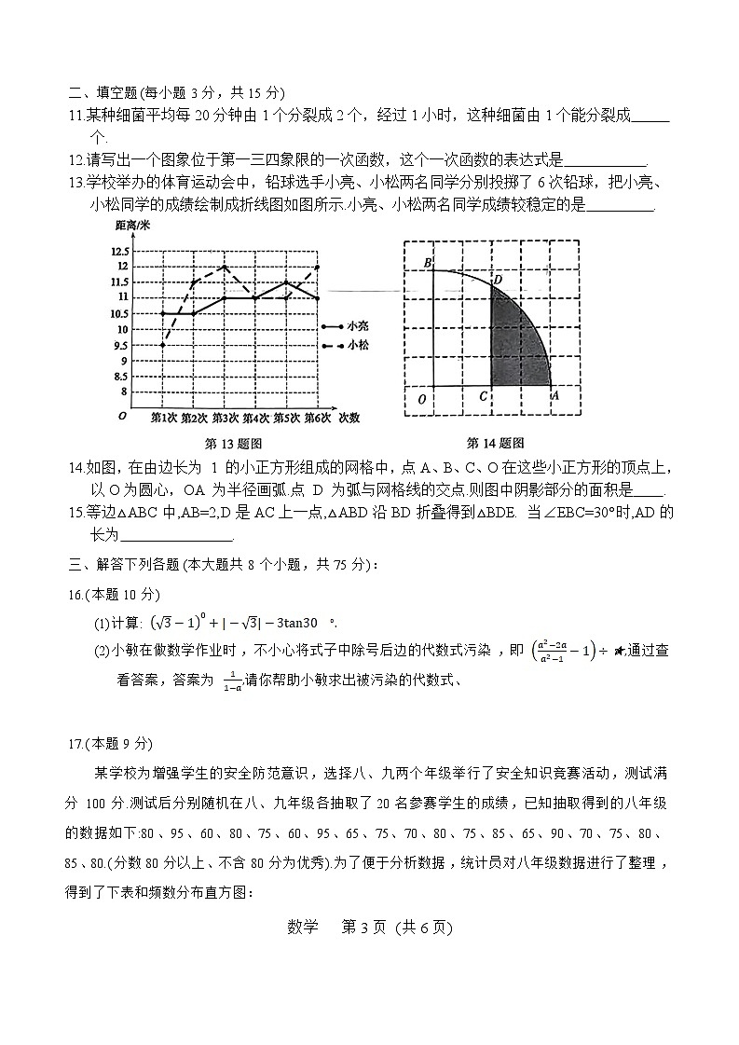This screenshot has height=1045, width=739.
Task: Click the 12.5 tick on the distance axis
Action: [x=118, y=252]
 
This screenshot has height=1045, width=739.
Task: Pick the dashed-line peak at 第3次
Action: [x=225, y=267]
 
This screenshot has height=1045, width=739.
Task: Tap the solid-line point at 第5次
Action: [x=286, y=282]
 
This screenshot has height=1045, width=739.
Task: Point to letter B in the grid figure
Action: [x=428, y=264]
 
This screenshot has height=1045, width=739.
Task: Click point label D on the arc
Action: [x=498, y=279]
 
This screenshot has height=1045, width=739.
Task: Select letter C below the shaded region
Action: [x=482, y=397]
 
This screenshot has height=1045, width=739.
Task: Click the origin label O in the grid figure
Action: [x=422, y=399]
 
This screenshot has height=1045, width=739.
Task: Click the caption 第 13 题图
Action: [x=233, y=443]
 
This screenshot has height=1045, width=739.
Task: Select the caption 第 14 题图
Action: [x=495, y=443]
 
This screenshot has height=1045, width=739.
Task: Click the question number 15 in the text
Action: [x=76, y=513]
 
